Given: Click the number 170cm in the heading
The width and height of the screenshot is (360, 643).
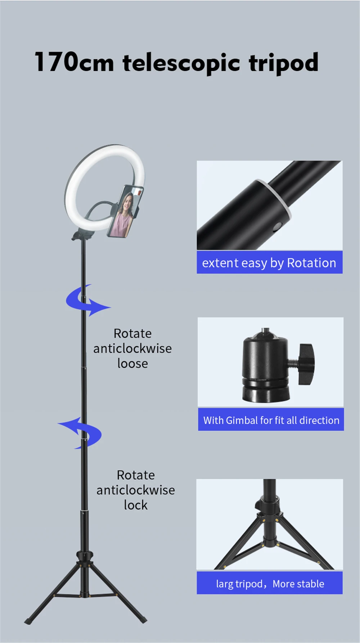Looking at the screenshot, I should pyautogui.click(x=74, y=62).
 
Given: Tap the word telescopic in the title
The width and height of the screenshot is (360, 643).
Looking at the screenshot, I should pyautogui.click(x=181, y=63).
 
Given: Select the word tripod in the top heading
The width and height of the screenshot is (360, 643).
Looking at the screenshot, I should pyautogui.click(x=284, y=63).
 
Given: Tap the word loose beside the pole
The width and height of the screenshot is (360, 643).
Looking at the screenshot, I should pyautogui.click(x=132, y=363).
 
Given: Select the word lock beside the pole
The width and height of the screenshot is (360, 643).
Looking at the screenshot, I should pyautogui.click(x=136, y=505).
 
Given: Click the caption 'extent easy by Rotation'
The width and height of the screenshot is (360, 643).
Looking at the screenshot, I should pyautogui.click(x=269, y=263).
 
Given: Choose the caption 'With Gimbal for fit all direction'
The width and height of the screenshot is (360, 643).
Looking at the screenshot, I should pyautogui.click(x=271, y=420).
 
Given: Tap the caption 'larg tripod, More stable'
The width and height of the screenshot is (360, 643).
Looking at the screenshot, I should pyautogui.click(x=270, y=583).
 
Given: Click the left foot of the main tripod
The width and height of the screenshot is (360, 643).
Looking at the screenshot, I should pyautogui.click(x=27, y=621).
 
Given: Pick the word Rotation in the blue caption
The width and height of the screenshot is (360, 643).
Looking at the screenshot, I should pyautogui.click(x=311, y=263).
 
